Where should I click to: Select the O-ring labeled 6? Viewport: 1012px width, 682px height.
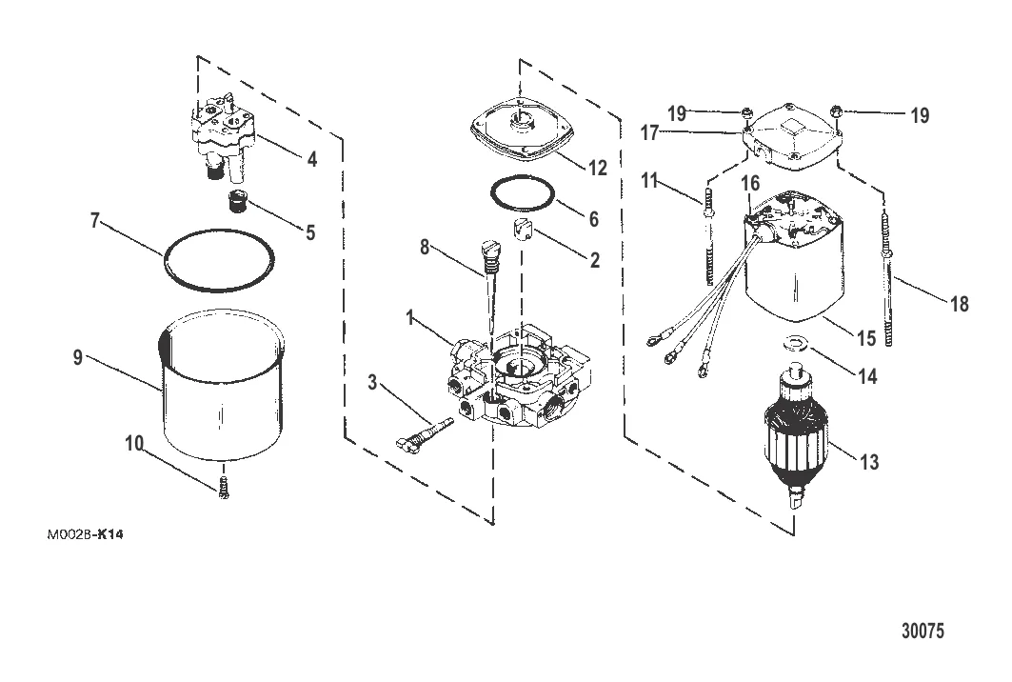click(x=524, y=194)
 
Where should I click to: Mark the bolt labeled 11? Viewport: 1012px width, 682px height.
click(x=709, y=238)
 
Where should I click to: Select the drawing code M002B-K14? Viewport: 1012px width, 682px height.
click(x=85, y=534)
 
